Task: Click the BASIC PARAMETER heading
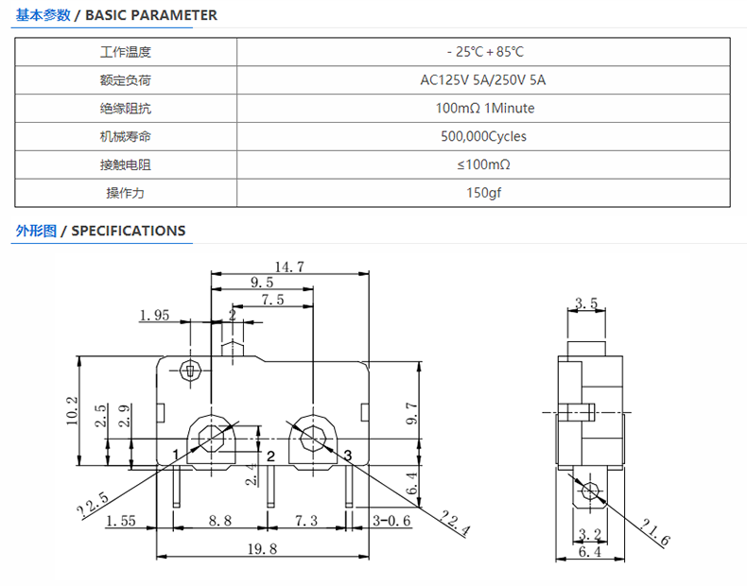[x=151, y=15]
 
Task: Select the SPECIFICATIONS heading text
[x=129, y=231]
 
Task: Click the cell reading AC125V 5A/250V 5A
[x=483, y=80]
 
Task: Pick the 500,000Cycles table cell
[x=483, y=137]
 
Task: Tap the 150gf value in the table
[x=483, y=193]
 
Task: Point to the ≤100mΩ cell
[x=483, y=164]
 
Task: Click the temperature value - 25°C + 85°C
[x=485, y=52]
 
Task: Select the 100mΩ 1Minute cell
[x=485, y=108]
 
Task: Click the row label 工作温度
[x=126, y=52]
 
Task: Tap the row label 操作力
[x=125, y=193]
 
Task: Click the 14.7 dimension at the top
[x=289, y=267]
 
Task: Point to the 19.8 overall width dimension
[x=262, y=549]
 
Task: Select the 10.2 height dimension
[x=72, y=410]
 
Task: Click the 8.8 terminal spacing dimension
[x=220, y=520]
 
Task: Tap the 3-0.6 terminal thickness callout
[x=391, y=520]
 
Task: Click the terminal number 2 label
[x=270, y=457]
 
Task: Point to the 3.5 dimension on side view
[x=586, y=302]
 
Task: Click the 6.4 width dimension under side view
[x=590, y=552]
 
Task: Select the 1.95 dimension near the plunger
[x=154, y=315]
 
